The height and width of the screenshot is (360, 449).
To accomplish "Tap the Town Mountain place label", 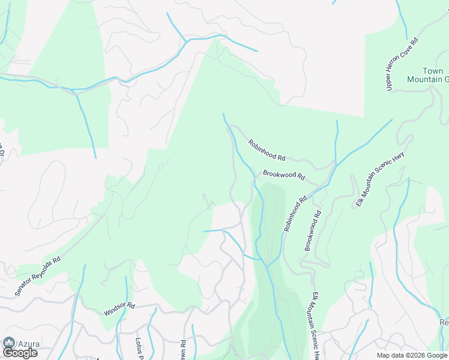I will (428, 75).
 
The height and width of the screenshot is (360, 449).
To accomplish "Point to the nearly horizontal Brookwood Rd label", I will (284, 176).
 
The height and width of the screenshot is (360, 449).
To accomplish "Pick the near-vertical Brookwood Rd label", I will (313, 230).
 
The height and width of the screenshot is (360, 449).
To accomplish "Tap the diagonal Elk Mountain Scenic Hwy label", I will (380, 177).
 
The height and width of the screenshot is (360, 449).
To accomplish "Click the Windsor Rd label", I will (119, 309).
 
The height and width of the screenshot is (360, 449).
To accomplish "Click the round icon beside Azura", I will (9, 343).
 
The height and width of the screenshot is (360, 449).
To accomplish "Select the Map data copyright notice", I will (412, 355).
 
